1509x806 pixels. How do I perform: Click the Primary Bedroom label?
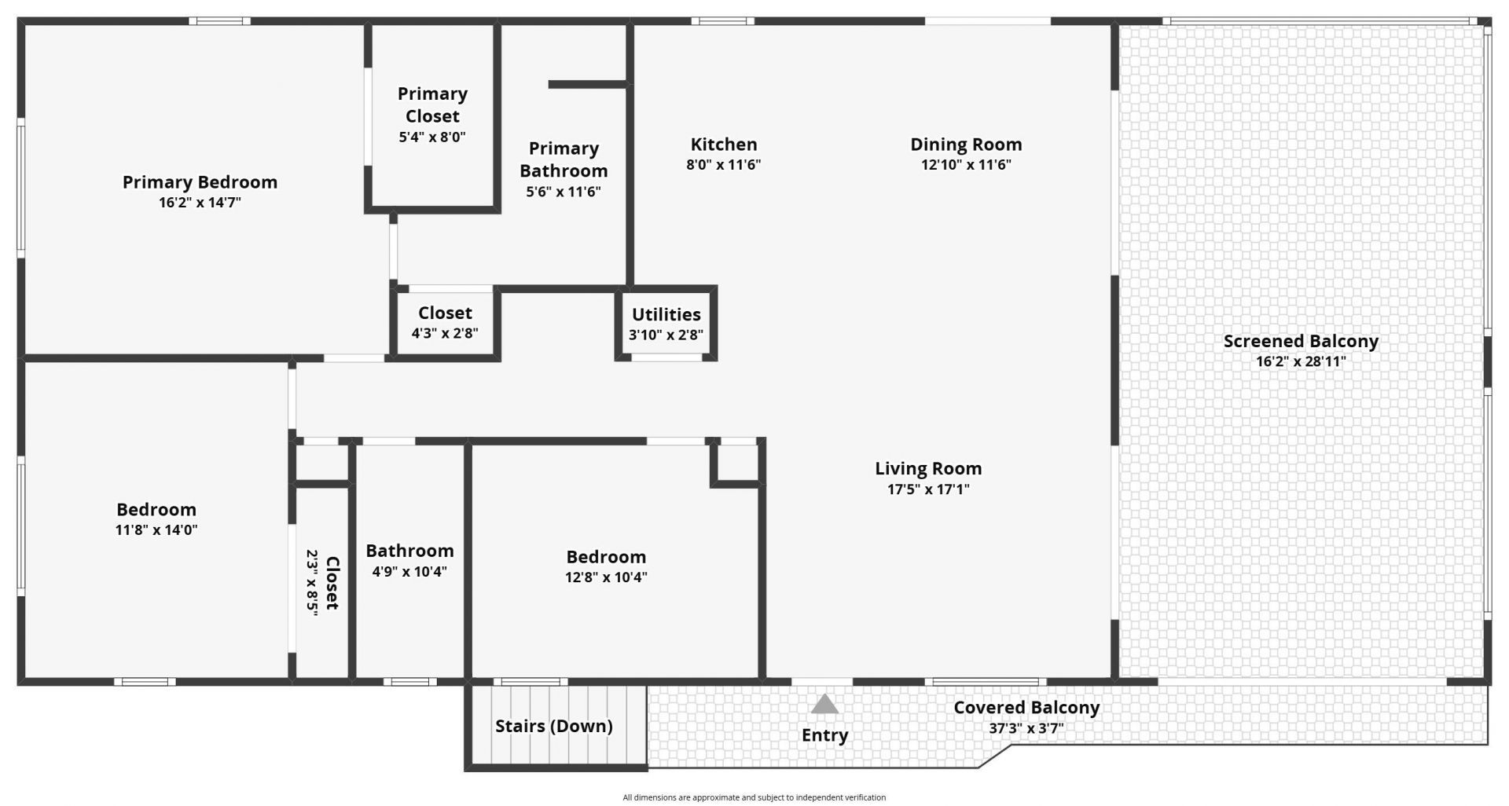pos(200,182)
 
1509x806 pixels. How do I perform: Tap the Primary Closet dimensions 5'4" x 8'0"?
pos(432,137)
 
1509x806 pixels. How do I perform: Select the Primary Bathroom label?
pos(564,159)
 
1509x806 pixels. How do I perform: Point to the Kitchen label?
pos(724,145)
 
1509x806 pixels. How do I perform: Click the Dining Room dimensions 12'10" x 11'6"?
pos(966,165)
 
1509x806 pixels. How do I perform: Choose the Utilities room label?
pos(666,314)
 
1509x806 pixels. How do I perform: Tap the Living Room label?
pos(928,469)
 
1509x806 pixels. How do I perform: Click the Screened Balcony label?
pos(1301,342)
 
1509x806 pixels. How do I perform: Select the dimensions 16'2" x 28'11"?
pos(1301,362)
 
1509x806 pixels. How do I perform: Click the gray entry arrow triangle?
pos(824,704)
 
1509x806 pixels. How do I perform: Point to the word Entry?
pos(824,735)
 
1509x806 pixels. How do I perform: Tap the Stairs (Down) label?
pos(554,726)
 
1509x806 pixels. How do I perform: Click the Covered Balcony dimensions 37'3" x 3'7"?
pos(1026,728)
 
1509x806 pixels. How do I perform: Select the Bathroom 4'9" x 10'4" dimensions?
pos(409,571)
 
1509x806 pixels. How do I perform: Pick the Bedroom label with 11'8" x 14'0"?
pos(156,510)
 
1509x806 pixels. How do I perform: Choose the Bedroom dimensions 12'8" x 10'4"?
pos(606,577)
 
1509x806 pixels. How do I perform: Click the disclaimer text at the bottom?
pos(754,797)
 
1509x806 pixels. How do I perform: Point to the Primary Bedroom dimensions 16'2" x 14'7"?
pos(200,203)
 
